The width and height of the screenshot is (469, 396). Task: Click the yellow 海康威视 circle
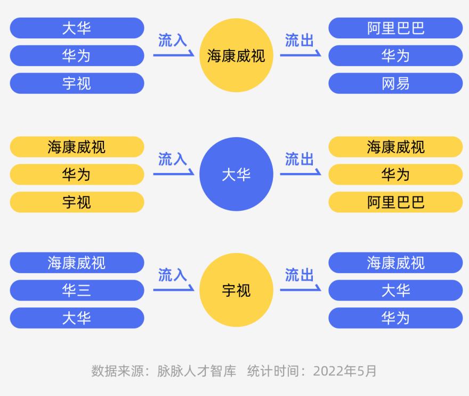(x=236, y=55)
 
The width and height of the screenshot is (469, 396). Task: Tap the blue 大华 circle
(x=236, y=174)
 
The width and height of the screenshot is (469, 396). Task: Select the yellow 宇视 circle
(x=236, y=290)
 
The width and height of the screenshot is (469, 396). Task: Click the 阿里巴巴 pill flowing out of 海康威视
(x=395, y=28)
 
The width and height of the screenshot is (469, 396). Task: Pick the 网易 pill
(x=395, y=83)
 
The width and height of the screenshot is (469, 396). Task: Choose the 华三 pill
(x=77, y=290)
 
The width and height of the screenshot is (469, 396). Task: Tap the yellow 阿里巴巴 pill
(x=395, y=202)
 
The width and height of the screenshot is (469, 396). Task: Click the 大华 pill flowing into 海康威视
(x=77, y=28)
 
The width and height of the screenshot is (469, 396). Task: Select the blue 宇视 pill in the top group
(x=77, y=83)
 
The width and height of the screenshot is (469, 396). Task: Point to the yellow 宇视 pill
(x=77, y=202)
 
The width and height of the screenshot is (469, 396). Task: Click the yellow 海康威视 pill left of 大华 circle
(x=77, y=147)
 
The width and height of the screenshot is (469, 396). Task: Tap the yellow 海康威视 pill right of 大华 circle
(x=395, y=147)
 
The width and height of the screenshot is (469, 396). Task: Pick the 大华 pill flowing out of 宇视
(x=395, y=290)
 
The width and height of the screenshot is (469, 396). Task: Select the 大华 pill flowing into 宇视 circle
(x=77, y=318)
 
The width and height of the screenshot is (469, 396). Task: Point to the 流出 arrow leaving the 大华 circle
(x=301, y=173)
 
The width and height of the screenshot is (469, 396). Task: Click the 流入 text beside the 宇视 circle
(x=173, y=275)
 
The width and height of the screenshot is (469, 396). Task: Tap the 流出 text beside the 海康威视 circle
(x=300, y=40)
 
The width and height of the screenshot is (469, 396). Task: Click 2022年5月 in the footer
(x=345, y=371)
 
